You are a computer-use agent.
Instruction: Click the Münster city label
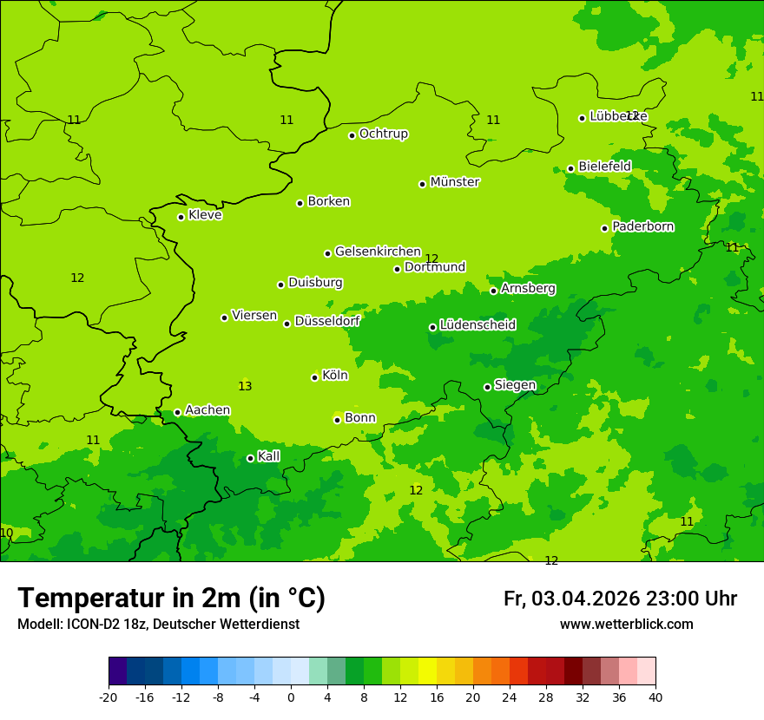(455, 182)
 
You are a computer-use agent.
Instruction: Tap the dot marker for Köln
(314, 377)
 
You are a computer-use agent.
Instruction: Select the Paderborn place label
(643, 226)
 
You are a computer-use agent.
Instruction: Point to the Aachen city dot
(177, 413)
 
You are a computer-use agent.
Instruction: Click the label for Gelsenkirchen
(378, 252)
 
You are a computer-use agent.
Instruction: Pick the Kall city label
(269, 456)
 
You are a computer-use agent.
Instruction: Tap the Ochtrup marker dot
(352, 135)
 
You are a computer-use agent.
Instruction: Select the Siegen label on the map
(515, 385)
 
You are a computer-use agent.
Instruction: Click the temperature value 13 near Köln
(245, 386)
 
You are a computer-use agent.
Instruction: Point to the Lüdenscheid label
(477, 325)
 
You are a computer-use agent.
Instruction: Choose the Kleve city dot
(181, 217)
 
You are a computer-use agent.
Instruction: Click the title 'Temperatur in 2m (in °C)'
(171, 598)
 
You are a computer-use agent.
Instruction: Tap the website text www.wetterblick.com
(626, 625)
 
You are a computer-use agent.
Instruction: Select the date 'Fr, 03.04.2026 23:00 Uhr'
(620, 599)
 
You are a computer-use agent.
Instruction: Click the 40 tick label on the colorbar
(655, 697)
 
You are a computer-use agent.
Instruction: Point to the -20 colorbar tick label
(109, 697)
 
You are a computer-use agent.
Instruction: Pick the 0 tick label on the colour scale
(291, 697)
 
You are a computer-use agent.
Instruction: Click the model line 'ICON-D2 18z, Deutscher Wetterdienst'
(158, 625)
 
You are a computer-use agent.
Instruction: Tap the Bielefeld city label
(604, 166)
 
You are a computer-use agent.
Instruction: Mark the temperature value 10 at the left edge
(6, 533)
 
